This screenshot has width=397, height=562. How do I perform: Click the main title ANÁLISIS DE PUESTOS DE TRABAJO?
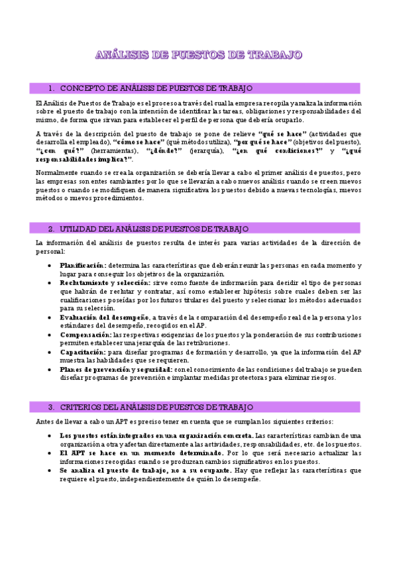(199, 54)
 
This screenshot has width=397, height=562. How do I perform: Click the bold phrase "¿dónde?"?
(163, 151)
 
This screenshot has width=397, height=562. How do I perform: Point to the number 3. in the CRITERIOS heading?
(51, 406)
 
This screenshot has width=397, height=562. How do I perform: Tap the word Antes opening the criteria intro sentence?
(45, 421)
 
